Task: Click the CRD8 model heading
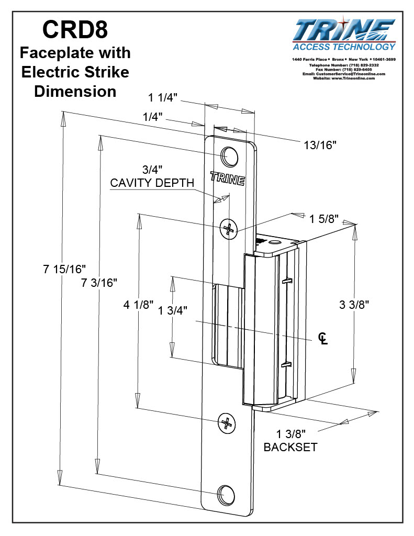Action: coord(75,30)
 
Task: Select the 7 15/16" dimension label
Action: coord(64,269)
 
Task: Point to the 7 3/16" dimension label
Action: coord(99,283)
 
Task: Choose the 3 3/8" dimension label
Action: coord(352,305)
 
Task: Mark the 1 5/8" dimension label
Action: coord(323,218)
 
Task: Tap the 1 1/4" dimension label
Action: coord(164,97)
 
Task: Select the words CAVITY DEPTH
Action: coord(152,183)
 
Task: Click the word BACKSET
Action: coord(290,448)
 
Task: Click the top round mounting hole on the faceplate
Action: coord(229,155)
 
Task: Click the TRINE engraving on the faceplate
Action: coord(227,178)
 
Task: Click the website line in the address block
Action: coord(344,78)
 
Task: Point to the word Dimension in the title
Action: coord(75,91)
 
